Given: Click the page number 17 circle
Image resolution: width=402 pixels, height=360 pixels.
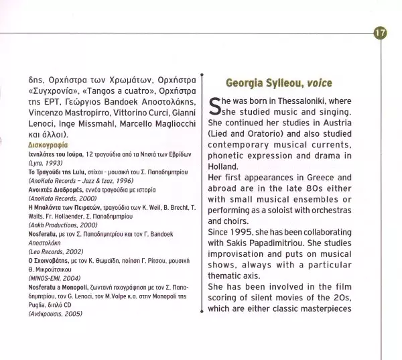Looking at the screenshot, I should (380, 32).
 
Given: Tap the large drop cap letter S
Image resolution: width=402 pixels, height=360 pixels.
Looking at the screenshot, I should (215, 106).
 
